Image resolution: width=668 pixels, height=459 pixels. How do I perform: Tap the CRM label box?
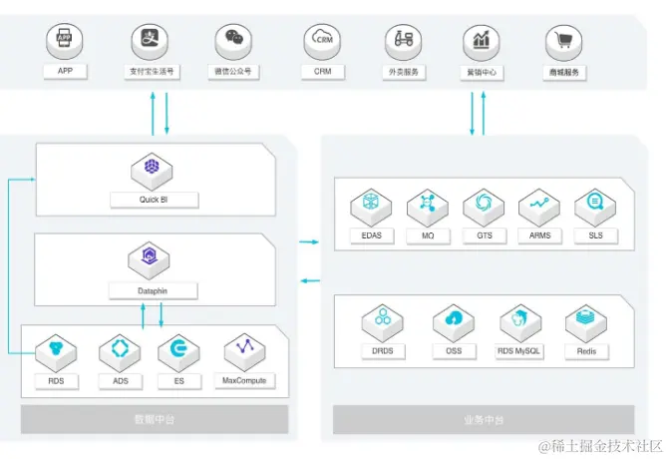(322, 72)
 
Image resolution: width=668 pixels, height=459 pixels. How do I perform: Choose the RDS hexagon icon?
(56, 350)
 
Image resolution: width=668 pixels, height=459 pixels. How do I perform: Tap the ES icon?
(178, 350)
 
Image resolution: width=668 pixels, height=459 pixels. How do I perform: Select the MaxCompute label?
(244, 380)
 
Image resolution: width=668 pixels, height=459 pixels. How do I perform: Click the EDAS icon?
(371, 206)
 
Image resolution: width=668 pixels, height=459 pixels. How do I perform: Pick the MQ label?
(428, 236)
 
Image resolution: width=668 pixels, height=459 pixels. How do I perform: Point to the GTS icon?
(485, 206)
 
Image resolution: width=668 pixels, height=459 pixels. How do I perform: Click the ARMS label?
(539, 236)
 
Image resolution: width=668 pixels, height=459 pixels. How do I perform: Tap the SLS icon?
(596, 206)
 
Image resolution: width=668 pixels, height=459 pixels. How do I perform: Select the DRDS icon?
(383, 321)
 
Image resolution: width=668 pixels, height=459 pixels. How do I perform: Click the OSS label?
(454, 351)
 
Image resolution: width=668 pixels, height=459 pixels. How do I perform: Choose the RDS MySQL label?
(519, 351)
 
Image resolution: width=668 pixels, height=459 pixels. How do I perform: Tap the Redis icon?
(586, 321)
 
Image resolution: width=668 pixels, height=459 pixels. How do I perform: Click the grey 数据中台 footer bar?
(154, 419)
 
